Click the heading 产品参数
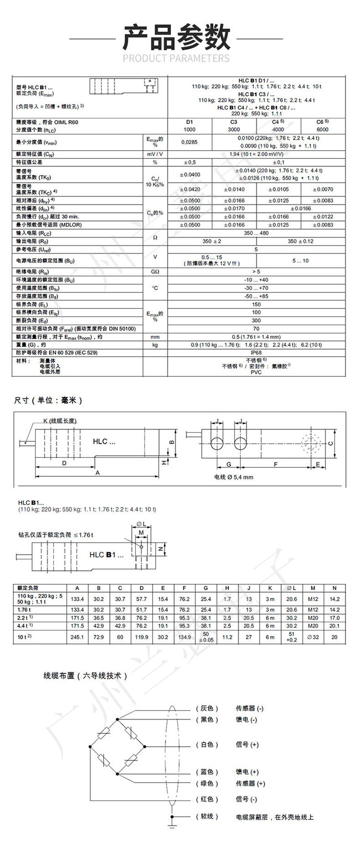tap(177, 38)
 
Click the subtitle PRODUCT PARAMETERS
tap(176, 59)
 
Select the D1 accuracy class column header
tap(190, 122)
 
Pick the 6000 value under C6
tap(323, 130)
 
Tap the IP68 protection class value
tap(256, 352)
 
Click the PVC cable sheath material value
tap(256, 372)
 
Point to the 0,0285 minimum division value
tap(189, 142)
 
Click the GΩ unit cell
tap(155, 272)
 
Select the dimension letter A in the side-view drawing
tap(97, 472)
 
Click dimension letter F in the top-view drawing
tap(276, 464)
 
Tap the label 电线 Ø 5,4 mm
tap(233, 477)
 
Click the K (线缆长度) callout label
tap(60, 421)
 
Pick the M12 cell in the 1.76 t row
tap(313, 609)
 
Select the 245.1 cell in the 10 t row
tap(77, 637)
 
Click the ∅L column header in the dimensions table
tap(291, 588)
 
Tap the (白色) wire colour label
tap(207, 745)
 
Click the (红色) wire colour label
tap(207, 799)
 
